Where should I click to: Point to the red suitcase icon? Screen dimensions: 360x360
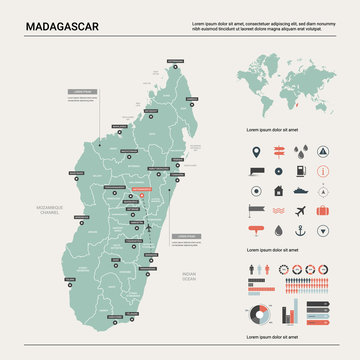click(x=324, y=211)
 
